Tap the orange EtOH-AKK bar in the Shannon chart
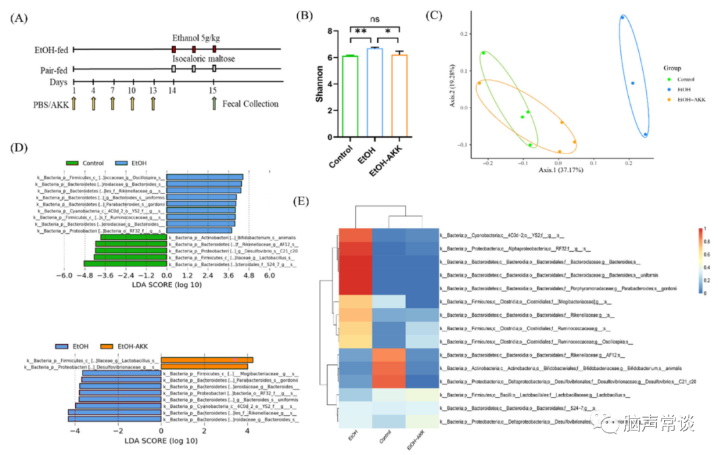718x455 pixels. click(x=398, y=96)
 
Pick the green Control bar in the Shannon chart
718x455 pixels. click(x=350, y=96)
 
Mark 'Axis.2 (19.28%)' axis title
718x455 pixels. click(x=453, y=89)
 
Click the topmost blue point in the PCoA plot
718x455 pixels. click(x=622, y=17)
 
